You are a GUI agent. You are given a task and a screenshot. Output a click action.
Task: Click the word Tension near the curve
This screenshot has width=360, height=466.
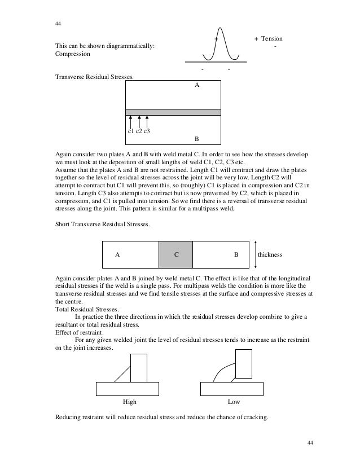click(x=271, y=38)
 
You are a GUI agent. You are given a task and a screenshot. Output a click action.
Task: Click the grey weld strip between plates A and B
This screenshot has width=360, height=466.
click(x=173, y=112)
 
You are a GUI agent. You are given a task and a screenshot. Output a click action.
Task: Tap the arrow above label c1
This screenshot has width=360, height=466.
click(x=130, y=122)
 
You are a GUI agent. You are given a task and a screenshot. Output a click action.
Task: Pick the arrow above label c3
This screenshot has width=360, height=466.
click(x=147, y=122)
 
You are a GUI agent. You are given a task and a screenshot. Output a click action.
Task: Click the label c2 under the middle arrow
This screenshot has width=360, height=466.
click(x=138, y=131)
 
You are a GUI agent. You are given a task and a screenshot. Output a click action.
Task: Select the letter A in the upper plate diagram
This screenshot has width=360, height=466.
click(x=197, y=86)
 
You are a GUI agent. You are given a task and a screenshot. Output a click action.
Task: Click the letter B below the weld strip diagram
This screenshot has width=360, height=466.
click(x=196, y=138)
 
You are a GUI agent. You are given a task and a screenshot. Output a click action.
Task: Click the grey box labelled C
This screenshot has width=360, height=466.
click(x=175, y=254)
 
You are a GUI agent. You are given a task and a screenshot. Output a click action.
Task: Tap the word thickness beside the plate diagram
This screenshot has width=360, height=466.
click(x=270, y=254)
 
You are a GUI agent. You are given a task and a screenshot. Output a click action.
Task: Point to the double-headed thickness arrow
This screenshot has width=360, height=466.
click(x=256, y=254)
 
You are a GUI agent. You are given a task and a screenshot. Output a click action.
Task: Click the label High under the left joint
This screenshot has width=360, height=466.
click(x=130, y=402)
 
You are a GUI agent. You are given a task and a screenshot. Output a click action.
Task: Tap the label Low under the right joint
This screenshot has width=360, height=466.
click(x=233, y=402)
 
